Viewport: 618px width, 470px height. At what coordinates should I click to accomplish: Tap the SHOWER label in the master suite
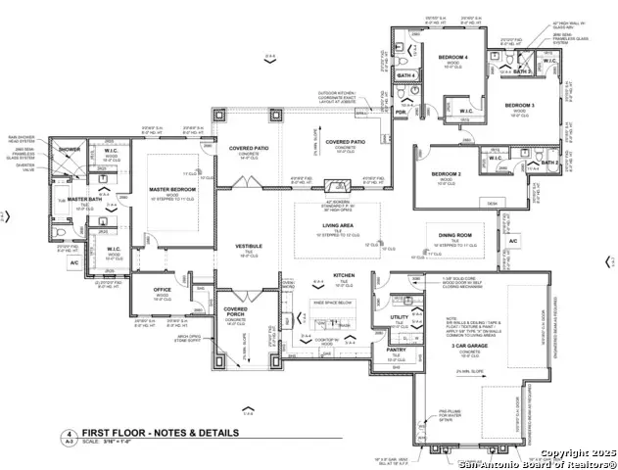(x=70, y=150)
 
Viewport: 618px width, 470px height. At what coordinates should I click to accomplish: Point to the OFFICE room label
(x=164, y=290)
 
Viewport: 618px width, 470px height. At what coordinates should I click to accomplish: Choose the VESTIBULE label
(x=247, y=246)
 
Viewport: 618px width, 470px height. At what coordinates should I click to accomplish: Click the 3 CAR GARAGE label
(x=469, y=347)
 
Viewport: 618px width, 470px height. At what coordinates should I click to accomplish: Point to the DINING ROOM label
(x=456, y=236)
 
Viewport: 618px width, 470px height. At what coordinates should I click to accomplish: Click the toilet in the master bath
(x=62, y=232)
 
